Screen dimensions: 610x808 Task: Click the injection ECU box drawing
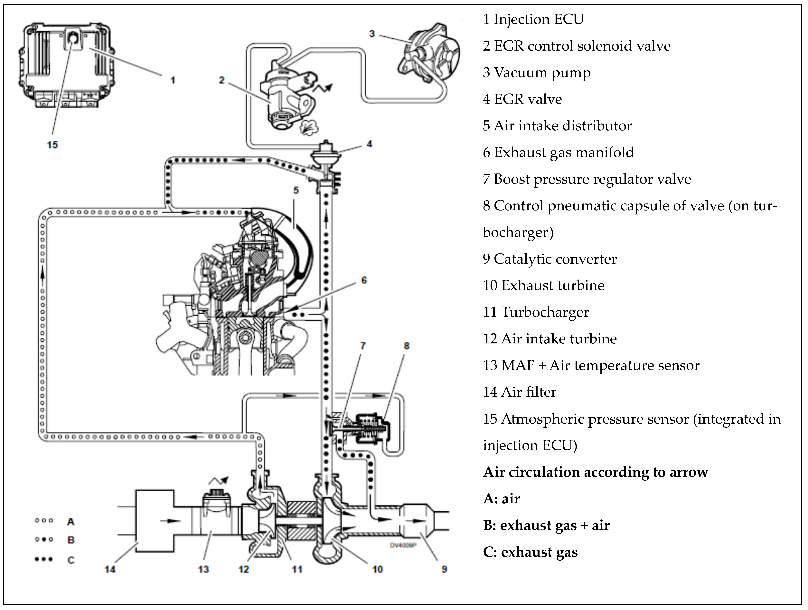pyautogui.click(x=64, y=64)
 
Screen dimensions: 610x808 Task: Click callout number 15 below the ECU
pyautogui.click(x=52, y=145)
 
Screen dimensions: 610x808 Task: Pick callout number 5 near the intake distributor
pyautogui.click(x=296, y=190)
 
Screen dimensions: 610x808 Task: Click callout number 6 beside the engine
pyautogui.click(x=364, y=280)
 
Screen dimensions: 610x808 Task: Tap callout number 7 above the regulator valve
pyautogui.click(x=363, y=346)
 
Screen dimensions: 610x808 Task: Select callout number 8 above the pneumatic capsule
pyautogui.click(x=407, y=346)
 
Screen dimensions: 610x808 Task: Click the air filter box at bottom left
pyautogui.click(x=154, y=521)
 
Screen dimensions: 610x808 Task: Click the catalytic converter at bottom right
pyautogui.click(x=418, y=521)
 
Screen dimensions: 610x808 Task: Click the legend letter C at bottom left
pyautogui.click(x=71, y=560)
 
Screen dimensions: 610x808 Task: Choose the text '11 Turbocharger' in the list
pyautogui.click(x=536, y=312)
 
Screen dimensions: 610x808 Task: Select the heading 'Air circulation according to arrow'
pyautogui.click(x=595, y=472)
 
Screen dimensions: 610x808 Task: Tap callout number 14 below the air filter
pyautogui.click(x=110, y=569)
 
